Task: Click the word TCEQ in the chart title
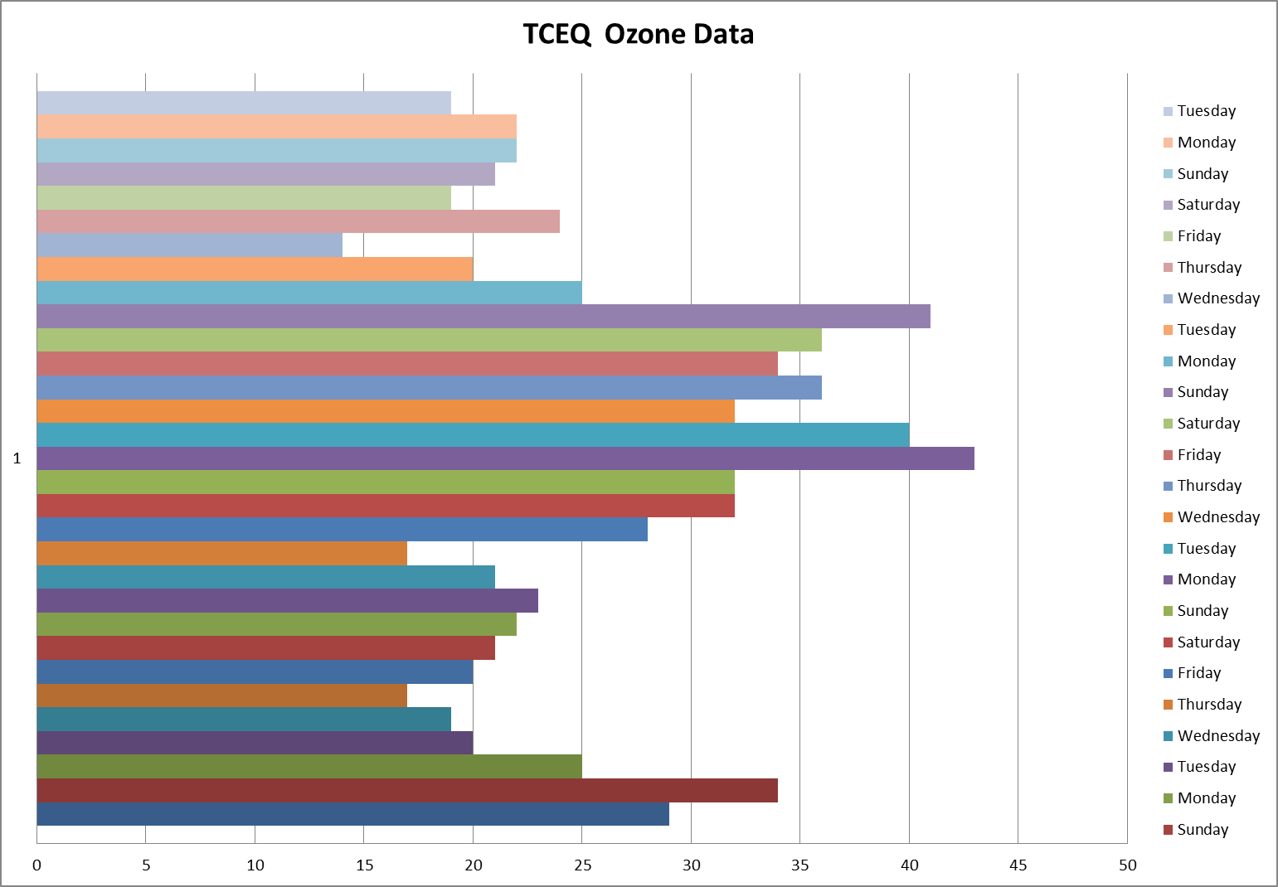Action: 556,35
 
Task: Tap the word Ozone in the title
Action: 644,35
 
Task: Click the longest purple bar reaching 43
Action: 505,458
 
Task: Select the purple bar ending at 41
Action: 484,317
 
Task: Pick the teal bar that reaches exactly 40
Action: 473,435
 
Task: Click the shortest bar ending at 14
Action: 189,245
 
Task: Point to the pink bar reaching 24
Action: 299,222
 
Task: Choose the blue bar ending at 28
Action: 342,530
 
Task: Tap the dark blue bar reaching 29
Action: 352,814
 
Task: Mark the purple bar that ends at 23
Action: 287,601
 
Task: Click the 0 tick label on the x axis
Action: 36,865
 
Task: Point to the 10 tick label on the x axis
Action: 255,865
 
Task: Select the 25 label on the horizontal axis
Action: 582,865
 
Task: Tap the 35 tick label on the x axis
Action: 799,865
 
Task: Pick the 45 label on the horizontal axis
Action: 1018,865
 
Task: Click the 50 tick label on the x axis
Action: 1127,865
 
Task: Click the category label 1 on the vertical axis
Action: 17,458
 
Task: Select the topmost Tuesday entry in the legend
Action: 1206,111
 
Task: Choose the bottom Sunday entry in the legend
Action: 1202,830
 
